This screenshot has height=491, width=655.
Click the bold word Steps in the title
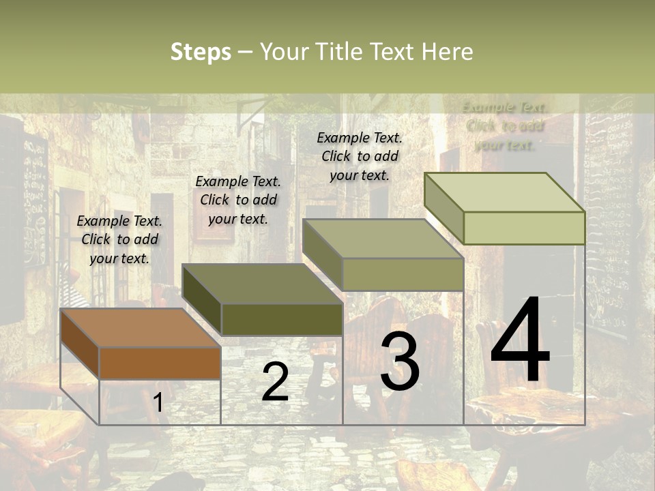click(201, 52)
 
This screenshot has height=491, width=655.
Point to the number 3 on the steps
click(400, 361)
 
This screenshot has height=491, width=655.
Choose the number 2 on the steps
click(275, 382)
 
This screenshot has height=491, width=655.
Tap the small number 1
click(158, 402)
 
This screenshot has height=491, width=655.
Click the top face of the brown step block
click(140, 327)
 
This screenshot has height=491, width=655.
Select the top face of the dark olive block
click(262, 283)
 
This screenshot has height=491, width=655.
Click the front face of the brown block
click(160, 363)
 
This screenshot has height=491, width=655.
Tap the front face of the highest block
click(524, 228)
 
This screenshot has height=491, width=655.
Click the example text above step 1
click(119, 239)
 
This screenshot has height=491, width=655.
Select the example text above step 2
click(238, 200)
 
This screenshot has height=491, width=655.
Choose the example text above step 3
click(360, 156)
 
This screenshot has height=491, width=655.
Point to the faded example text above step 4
click(505, 125)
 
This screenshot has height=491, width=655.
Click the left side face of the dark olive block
click(202, 299)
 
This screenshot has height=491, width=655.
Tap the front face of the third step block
click(403, 274)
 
